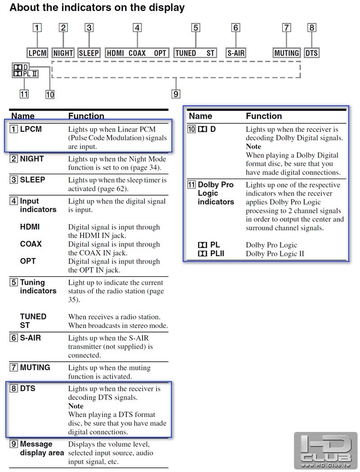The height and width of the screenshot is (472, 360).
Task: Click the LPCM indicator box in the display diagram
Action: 37,53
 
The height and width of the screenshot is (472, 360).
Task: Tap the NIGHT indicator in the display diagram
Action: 63,53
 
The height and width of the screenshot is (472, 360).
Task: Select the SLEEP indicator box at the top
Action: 89,53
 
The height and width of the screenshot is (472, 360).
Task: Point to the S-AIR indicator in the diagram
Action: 236,53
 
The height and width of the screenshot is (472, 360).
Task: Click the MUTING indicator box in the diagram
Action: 287,53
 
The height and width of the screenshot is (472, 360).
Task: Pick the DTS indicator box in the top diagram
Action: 311,53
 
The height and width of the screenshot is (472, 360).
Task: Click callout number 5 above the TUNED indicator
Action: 196,28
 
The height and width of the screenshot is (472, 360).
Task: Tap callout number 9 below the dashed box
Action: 176,94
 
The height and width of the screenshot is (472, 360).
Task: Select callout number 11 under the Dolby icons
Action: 24,94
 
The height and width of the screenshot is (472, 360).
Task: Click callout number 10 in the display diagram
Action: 50,94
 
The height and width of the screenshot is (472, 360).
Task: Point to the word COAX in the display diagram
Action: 137,53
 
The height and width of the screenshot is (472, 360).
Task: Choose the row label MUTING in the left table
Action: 35,367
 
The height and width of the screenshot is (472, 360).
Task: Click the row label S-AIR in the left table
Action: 31,338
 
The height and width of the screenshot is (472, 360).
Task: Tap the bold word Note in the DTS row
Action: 76,406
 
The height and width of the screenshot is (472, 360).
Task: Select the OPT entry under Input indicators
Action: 28,261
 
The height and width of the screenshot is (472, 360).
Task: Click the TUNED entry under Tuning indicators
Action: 33,316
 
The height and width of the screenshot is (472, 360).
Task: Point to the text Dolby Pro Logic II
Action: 275,254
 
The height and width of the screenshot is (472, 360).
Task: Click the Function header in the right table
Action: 264,116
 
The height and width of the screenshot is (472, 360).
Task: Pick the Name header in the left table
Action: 23,116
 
